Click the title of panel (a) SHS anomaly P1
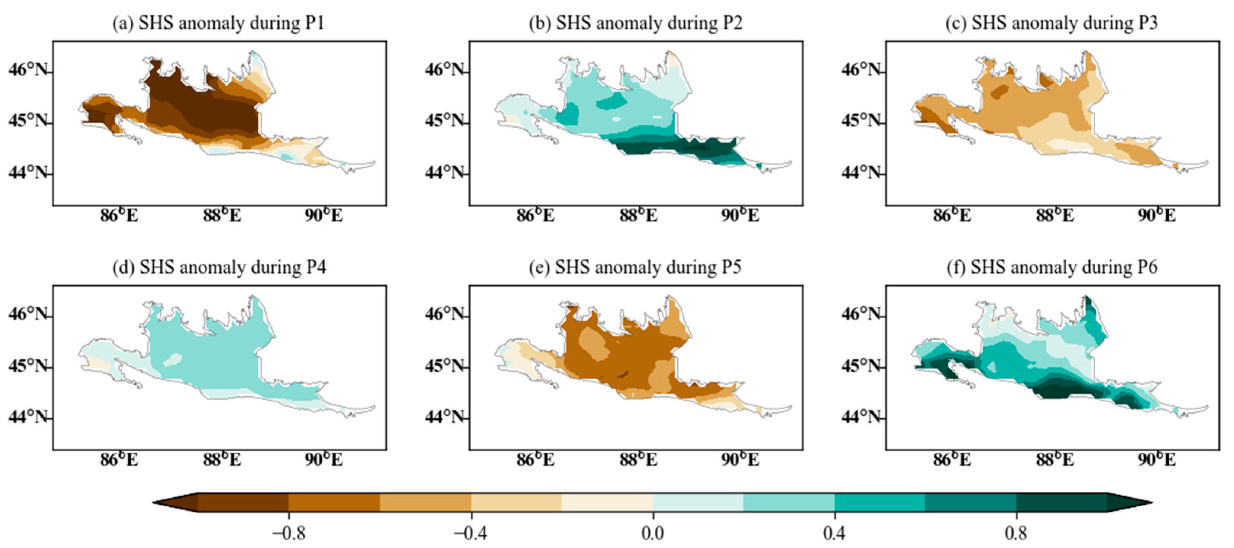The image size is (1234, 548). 219,23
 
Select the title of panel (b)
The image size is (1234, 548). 635,23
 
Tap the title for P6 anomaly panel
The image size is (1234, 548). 1052,267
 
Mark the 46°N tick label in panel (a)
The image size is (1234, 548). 29,70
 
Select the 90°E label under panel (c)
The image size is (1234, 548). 1157,216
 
